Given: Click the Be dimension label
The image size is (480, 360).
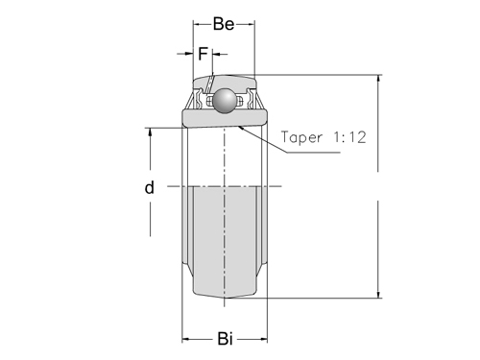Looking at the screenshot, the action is [224, 24].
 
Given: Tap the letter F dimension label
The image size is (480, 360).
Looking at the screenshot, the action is [203, 54].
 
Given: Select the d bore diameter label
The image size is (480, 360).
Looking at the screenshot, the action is [150, 187].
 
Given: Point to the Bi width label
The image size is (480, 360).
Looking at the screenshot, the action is [225, 339].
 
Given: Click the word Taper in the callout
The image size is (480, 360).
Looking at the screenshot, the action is [301, 137].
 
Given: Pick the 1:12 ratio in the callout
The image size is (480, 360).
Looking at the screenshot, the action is [349, 137].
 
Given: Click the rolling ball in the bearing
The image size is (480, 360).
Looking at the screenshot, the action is [225, 101].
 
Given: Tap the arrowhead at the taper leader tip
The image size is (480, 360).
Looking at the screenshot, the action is [242, 128].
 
